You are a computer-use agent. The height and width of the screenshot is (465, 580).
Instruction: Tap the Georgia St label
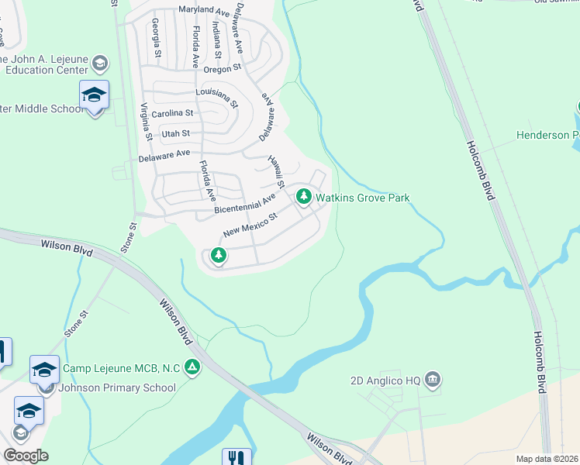tap(157, 38)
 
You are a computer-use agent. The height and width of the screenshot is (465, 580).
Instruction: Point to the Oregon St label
tap(224, 68)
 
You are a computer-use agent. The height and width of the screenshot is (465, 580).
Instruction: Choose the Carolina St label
tap(172, 114)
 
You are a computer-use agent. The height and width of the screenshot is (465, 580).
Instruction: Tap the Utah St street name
tap(175, 133)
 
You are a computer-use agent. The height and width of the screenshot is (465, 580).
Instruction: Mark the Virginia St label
tap(145, 122)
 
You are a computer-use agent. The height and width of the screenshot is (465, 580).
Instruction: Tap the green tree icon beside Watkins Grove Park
tap(304, 198)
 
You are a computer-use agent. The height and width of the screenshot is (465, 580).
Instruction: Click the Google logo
tap(26, 456)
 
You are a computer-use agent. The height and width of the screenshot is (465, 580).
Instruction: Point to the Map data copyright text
tap(546, 459)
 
